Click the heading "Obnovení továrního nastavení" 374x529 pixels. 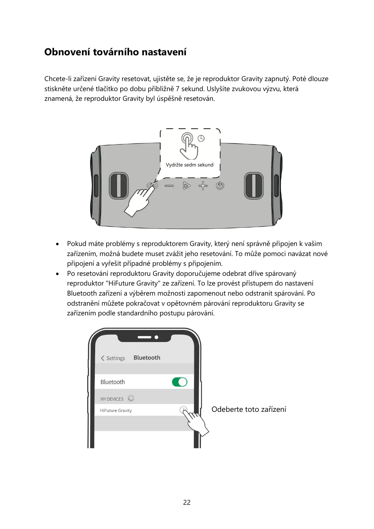click(x=115, y=52)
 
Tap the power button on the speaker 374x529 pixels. click(x=220, y=186)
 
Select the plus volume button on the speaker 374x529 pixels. click(x=203, y=186)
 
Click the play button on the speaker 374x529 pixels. click(x=187, y=186)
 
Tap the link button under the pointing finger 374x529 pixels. click(x=152, y=186)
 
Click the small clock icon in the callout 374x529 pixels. click(x=201, y=138)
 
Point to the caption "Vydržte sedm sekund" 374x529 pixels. click(x=189, y=165)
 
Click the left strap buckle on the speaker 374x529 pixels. click(x=119, y=186)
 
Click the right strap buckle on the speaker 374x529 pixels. click(x=254, y=186)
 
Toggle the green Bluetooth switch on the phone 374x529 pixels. click(x=180, y=382)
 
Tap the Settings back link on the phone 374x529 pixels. click(x=113, y=358)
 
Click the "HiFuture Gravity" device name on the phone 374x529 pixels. click(x=116, y=411)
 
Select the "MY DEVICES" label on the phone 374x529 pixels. click(x=112, y=399)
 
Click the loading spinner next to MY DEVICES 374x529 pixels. click(x=131, y=399)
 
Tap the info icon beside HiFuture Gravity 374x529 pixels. click(x=183, y=410)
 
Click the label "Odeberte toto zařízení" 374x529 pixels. click(x=249, y=409)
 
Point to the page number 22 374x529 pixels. click(x=187, y=502)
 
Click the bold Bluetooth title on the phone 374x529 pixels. click(x=147, y=358)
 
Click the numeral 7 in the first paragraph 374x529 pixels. click(x=178, y=89)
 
